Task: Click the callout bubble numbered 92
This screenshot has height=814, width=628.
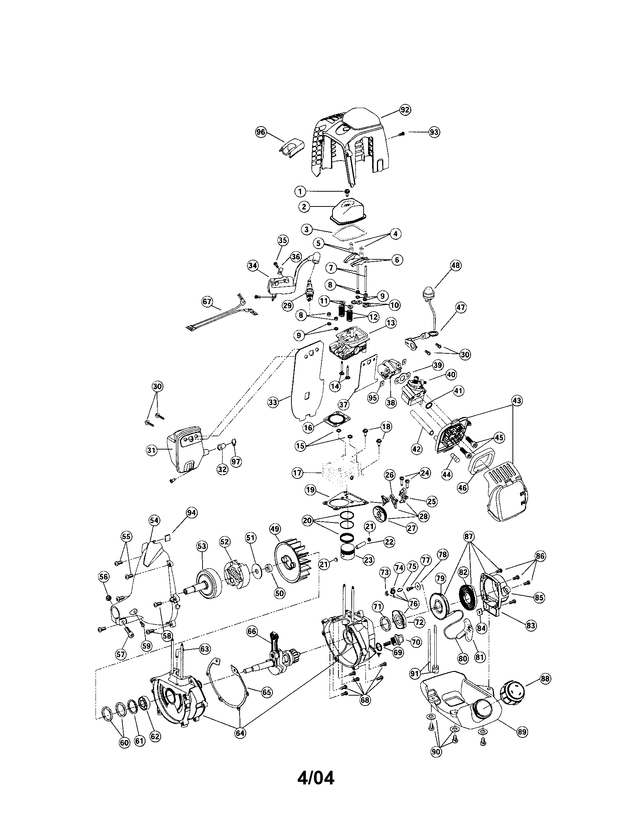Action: coord(405,110)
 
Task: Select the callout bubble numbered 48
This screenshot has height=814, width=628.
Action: coord(455,265)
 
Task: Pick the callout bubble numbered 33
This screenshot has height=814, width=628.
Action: coord(273,402)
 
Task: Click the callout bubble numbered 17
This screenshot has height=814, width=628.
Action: coord(298,473)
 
